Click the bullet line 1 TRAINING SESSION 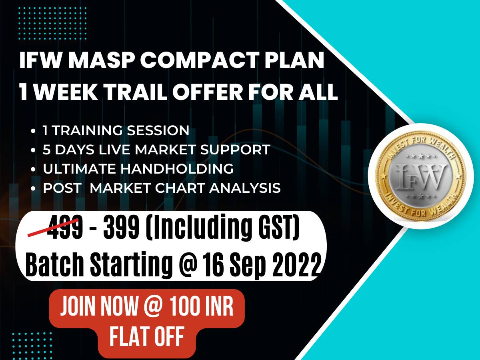click(x=116, y=130)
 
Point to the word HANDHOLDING click(x=177, y=169)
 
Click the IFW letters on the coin click(x=421, y=176)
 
